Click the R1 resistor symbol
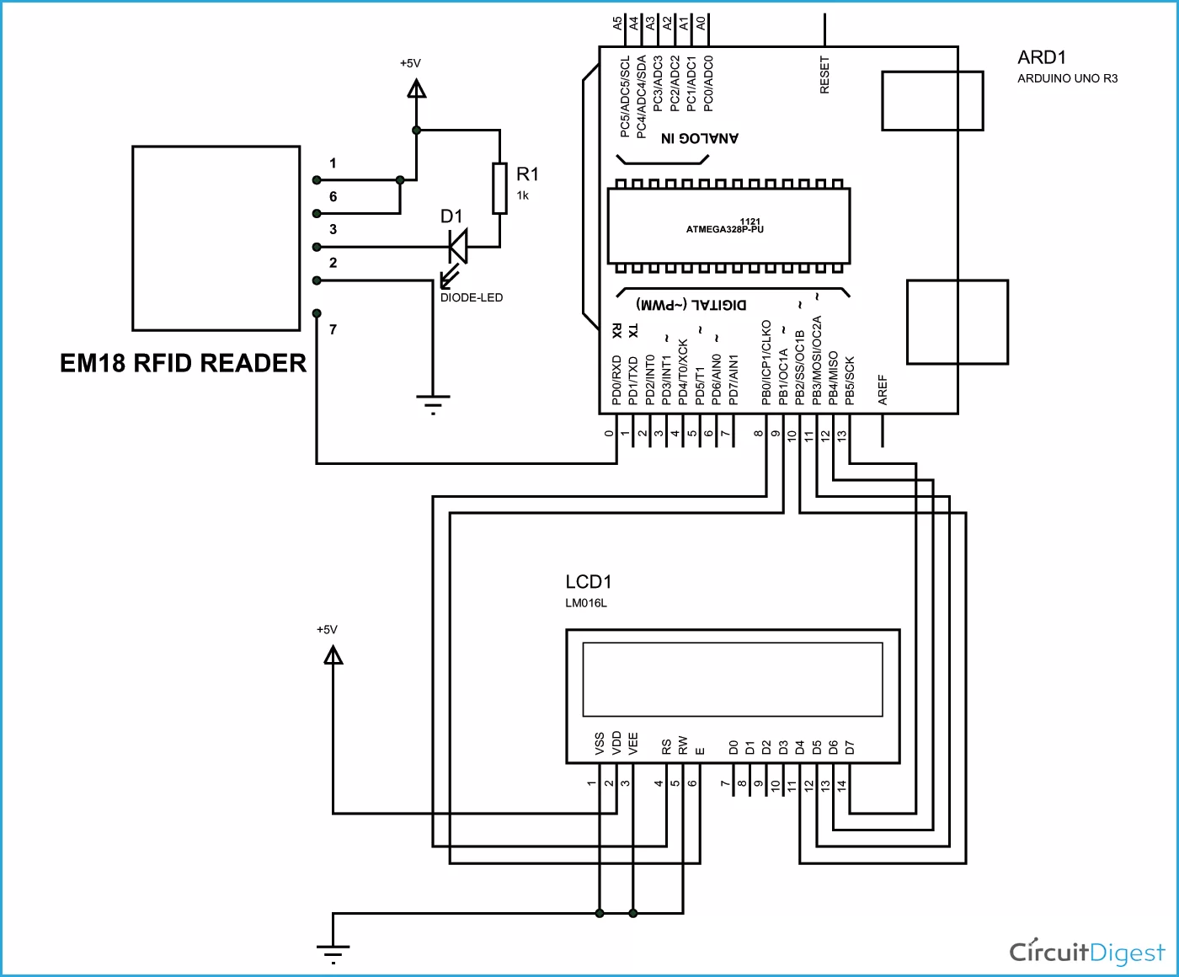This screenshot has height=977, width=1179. (x=500, y=189)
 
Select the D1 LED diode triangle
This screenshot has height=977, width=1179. (x=458, y=247)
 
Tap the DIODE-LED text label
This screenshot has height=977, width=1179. (x=472, y=297)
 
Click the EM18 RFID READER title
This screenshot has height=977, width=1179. (x=183, y=363)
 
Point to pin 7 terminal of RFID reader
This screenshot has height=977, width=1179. (x=317, y=313)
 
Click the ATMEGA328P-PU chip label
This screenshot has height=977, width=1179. (x=725, y=228)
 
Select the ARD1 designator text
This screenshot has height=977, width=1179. (x=1042, y=57)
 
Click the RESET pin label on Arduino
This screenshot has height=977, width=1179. (x=824, y=75)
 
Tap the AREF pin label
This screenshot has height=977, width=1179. (x=883, y=390)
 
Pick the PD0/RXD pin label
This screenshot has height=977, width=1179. (x=616, y=380)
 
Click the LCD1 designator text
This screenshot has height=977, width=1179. (x=588, y=582)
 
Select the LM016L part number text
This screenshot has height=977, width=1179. (x=586, y=603)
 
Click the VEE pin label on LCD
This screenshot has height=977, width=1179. (x=633, y=743)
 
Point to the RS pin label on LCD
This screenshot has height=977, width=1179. (x=666, y=746)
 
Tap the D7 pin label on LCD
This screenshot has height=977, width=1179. (x=850, y=747)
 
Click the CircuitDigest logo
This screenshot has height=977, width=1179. (x=1086, y=952)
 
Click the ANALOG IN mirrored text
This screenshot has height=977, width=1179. (x=699, y=138)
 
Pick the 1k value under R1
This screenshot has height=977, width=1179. (x=523, y=195)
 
